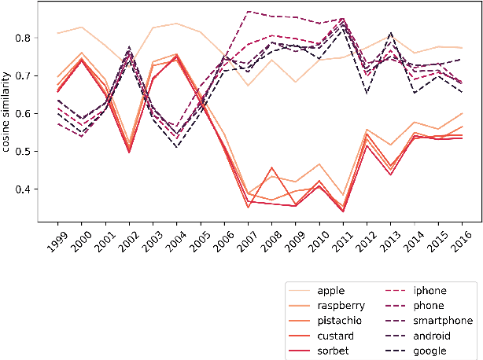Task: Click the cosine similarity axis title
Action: [7, 113]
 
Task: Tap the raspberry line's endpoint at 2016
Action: [461, 113]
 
